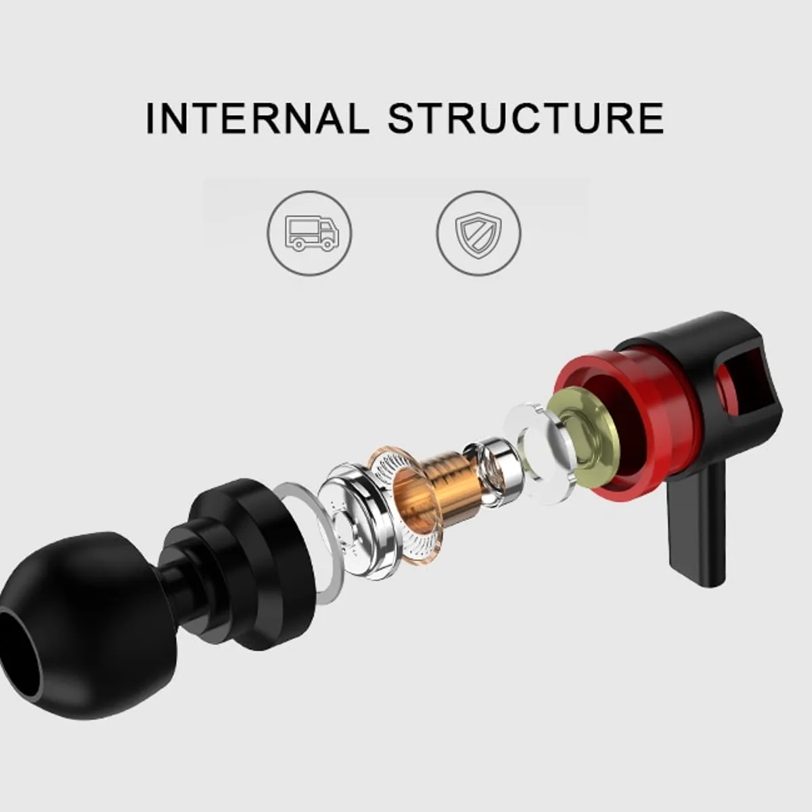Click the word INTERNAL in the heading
pyautogui.click(x=257, y=118)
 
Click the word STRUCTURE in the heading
pyautogui.click(x=526, y=118)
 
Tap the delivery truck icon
pyautogui.click(x=310, y=233)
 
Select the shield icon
pyautogui.click(x=478, y=233)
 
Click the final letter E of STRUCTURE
pyautogui.click(x=650, y=118)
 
